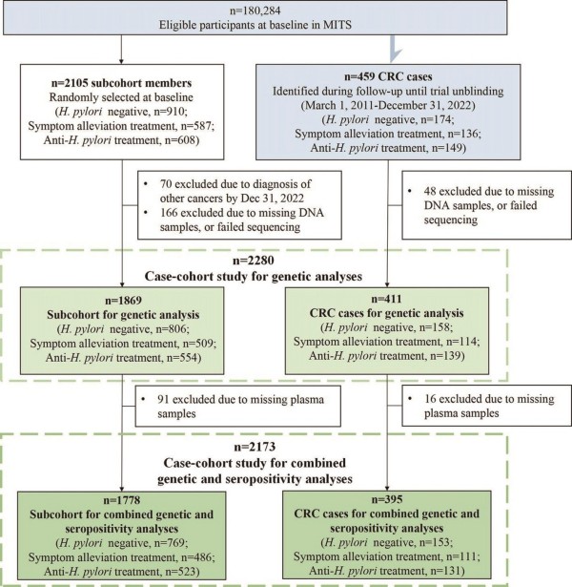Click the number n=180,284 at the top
click(255, 10)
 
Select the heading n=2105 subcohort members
click(121, 83)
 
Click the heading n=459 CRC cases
click(388, 76)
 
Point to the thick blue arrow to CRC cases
click(394, 49)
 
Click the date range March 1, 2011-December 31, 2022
click(388, 105)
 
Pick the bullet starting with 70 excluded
click(232, 191)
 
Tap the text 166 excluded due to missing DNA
click(242, 213)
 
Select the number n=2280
click(254, 261)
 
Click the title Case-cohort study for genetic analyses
click(254, 276)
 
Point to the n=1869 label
click(123, 301)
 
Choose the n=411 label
click(386, 299)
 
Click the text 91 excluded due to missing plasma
click(240, 399)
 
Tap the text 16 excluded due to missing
click(489, 399)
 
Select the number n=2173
click(255, 447)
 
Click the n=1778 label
click(121, 500)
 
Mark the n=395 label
click(386, 499)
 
